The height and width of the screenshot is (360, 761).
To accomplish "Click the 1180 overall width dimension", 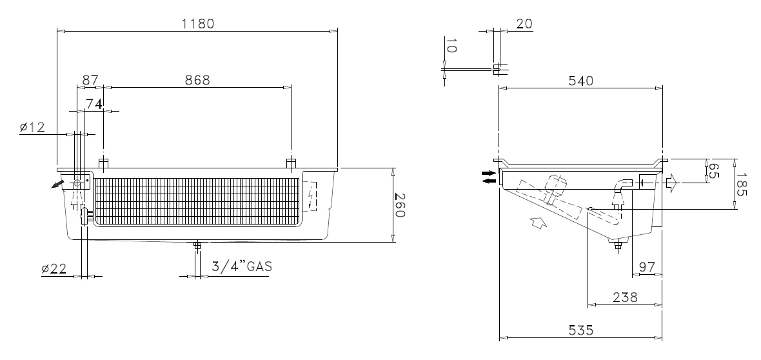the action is click(197, 23).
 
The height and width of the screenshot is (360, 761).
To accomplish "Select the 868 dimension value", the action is click(197, 80).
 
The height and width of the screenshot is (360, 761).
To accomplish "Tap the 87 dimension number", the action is click(91, 80).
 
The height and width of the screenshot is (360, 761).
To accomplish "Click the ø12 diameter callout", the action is click(32, 127).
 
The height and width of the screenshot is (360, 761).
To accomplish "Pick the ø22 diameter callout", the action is click(54, 268).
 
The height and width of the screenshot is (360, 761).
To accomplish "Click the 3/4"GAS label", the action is click(242, 266).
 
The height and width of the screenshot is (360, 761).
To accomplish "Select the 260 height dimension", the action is click(399, 205).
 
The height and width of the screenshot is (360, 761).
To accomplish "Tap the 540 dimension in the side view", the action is click(581, 81).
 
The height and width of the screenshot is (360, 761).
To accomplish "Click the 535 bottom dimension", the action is click(581, 330).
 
